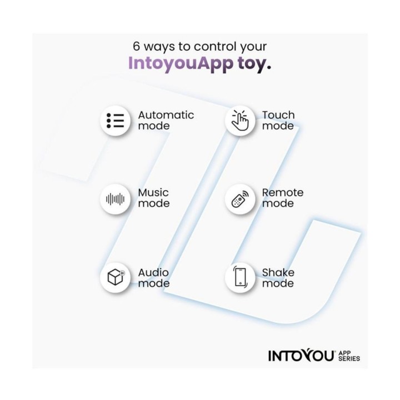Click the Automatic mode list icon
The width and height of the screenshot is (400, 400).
click(115, 121)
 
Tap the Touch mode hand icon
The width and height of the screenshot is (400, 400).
click(240, 121)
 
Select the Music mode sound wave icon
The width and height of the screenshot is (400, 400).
click(115, 199)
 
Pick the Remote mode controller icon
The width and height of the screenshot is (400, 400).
click(240, 199)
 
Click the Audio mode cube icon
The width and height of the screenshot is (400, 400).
click(115, 277)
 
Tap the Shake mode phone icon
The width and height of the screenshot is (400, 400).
click(240, 277)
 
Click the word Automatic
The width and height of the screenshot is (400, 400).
click(166, 115)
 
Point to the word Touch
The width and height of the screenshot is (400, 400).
click(278, 115)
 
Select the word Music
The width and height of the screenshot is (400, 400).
click(153, 193)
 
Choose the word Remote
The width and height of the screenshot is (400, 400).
click(283, 193)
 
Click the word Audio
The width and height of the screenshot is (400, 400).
click(153, 272)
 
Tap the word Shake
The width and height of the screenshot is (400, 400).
click(278, 272)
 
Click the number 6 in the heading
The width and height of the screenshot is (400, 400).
click(137, 47)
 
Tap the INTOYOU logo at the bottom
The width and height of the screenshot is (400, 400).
click(301, 356)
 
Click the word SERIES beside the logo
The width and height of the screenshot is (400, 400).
click(349, 359)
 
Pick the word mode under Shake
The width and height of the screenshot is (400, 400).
click(278, 283)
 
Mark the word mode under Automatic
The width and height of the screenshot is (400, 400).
click(154, 126)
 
